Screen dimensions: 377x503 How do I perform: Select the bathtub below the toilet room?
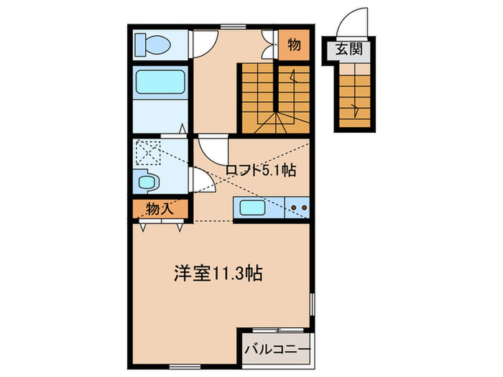tap(161, 83)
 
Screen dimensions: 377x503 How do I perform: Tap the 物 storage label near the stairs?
tap(294, 45)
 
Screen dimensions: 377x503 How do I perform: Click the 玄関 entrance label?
tap(348, 50)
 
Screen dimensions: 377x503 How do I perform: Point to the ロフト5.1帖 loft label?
tap(261, 171)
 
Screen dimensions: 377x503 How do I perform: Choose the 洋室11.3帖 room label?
tap(218, 273)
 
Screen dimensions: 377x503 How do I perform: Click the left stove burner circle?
tap(293, 210)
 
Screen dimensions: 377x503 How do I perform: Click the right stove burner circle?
tap(305, 210)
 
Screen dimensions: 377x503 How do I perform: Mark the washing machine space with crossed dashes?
tap(149, 152)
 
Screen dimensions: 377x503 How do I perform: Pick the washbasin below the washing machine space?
tap(149, 182)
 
